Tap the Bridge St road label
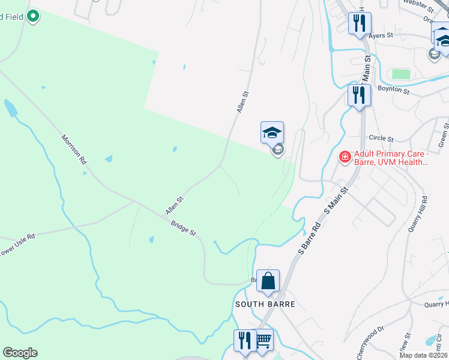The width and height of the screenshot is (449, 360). pyautogui.click(x=183, y=228)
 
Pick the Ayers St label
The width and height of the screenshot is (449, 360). pyautogui.click(x=381, y=35)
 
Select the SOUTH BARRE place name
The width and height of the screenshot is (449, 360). pyautogui.click(x=265, y=304)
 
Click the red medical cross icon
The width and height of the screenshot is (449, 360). pyautogui.click(x=345, y=158)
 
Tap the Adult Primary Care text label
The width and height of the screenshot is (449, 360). pyautogui.click(x=390, y=158)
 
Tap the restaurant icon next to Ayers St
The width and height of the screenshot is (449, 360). pyautogui.click(x=360, y=24)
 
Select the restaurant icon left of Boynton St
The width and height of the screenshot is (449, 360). pyautogui.click(x=359, y=95)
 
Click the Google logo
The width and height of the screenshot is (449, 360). pyautogui.click(x=20, y=353)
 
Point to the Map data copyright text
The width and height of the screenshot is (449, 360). pyautogui.click(x=424, y=355)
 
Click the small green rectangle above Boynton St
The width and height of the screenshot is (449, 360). pyautogui.click(x=400, y=74)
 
